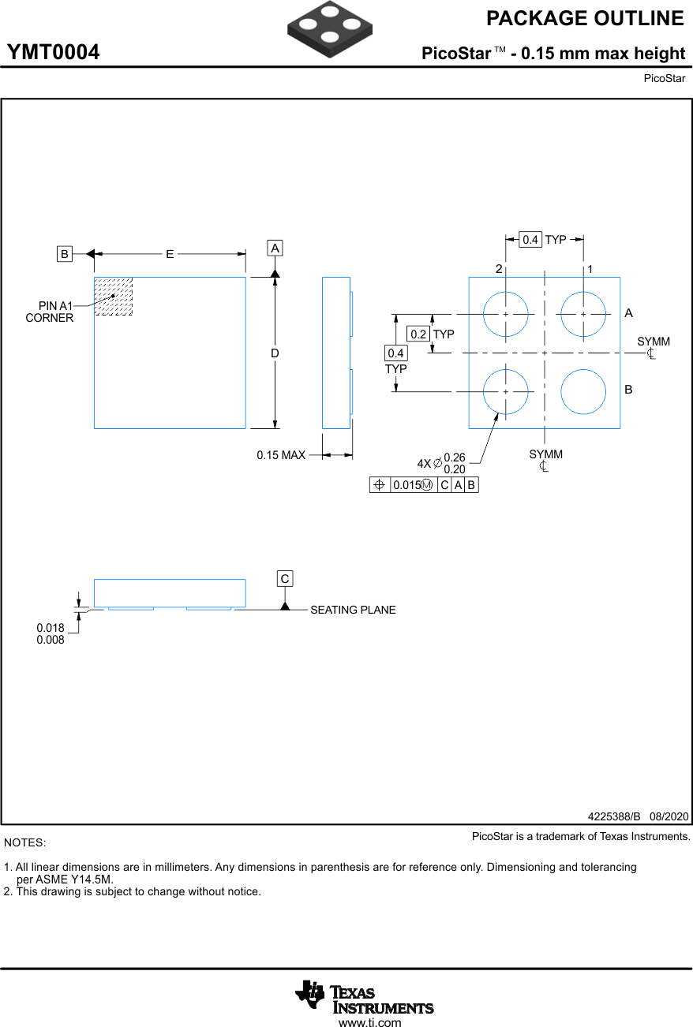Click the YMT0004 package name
[x=54, y=53]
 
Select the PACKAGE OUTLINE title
[x=585, y=18]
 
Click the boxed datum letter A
[x=275, y=248]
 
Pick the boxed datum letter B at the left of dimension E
[x=65, y=254]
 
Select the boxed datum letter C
[x=285, y=579]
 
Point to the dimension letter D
[x=275, y=353]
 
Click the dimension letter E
[x=170, y=254]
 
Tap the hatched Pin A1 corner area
[x=114, y=297]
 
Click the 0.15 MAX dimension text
[x=281, y=455]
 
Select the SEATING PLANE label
[x=353, y=610]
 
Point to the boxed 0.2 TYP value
[x=418, y=334]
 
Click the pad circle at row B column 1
[x=583, y=390]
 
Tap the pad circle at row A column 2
[x=505, y=313]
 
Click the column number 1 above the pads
[x=590, y=270]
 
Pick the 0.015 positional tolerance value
[x=406, y=485]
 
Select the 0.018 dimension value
[x=51, y=628]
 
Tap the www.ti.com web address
[x=369, y=1023]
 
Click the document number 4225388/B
[x=613, y=816]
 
